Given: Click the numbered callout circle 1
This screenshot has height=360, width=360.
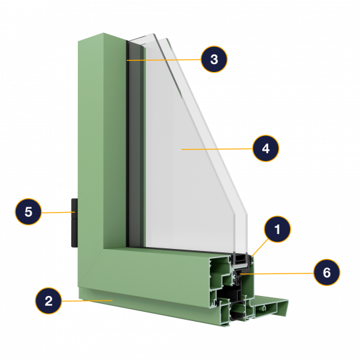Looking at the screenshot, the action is tap(277, 229).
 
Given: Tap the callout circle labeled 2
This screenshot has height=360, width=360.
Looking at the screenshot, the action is tap(48, 301).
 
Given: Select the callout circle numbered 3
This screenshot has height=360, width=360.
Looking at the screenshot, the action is tap(214, 59).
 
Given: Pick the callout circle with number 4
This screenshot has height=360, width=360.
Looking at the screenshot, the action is tap(266, 149).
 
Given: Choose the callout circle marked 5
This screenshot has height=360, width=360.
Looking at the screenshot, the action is tap(28, 211).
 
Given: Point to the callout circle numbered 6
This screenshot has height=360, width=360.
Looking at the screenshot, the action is tap(327, 273).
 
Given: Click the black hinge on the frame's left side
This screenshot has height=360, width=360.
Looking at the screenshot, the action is tap(75, 223).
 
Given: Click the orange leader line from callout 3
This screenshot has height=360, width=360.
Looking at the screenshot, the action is tap(164, 60).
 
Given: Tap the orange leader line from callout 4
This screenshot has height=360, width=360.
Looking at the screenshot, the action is tap(217, 149).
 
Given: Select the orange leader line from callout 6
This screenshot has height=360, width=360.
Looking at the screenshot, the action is tap(277, 273).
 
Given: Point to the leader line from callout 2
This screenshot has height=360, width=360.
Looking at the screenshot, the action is tap(87, 301).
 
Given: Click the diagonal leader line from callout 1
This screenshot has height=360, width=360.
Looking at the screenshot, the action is tap(260, 248).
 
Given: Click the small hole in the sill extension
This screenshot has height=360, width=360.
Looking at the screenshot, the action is tap(264, 308).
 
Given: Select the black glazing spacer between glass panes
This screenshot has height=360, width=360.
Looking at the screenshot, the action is tap(240, 259).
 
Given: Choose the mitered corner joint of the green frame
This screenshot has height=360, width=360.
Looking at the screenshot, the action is tap(90, 268).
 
